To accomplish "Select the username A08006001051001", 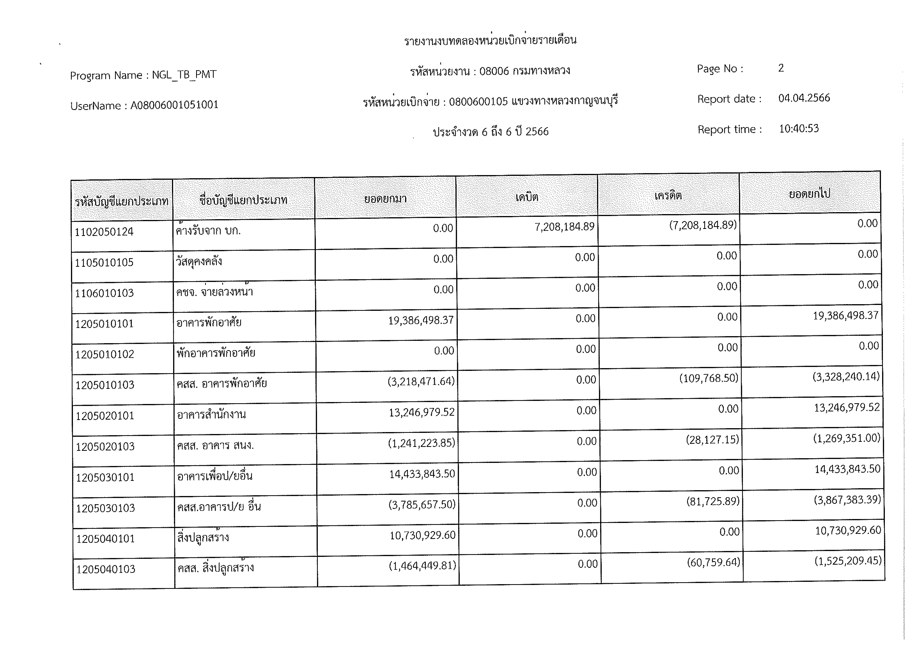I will pyautogui.click(x=174, y=105).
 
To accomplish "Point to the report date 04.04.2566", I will pyautogui.click(x=804, y=98).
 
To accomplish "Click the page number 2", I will pyautogui.click(x=781, y=68).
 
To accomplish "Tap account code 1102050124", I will pyautogui.click(x=104, y=232).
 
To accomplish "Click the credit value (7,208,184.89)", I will pyautogui.click(x=703, y=225).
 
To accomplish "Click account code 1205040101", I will pyautogui.click(x=106, y=539).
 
